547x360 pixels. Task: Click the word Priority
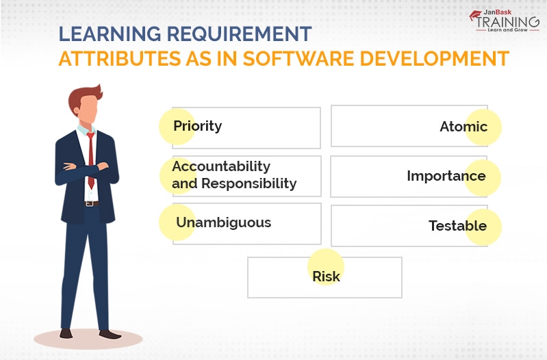197,127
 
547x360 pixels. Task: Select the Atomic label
463,127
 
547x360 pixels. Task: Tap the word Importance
446,176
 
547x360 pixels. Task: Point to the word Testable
457,226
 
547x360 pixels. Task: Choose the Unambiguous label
223,222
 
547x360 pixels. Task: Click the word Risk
326,277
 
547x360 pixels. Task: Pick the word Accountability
221,166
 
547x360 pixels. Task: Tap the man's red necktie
90,160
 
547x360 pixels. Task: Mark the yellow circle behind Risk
325,267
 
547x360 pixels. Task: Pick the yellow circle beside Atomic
483,127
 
